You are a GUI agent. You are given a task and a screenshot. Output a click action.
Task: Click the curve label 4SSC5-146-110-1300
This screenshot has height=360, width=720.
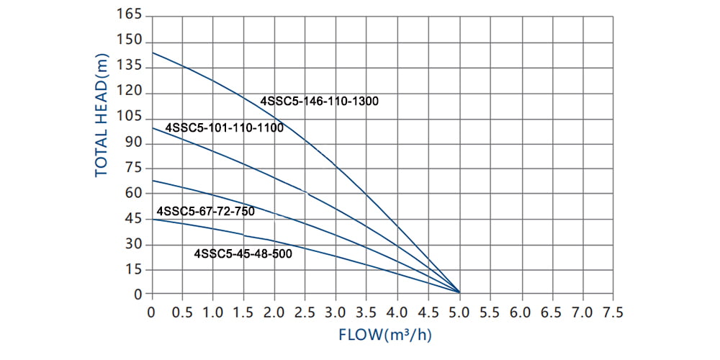(319, 102)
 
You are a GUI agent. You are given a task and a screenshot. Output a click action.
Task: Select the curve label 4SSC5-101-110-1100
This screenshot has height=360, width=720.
(224, 128)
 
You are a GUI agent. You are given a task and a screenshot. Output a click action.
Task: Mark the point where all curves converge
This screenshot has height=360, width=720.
(459, 292)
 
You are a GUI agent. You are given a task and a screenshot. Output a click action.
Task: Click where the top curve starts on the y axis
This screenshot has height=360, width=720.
(152, 53)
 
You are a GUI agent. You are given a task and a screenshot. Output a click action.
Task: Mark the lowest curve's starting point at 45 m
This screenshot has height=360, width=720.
(152, 219)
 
